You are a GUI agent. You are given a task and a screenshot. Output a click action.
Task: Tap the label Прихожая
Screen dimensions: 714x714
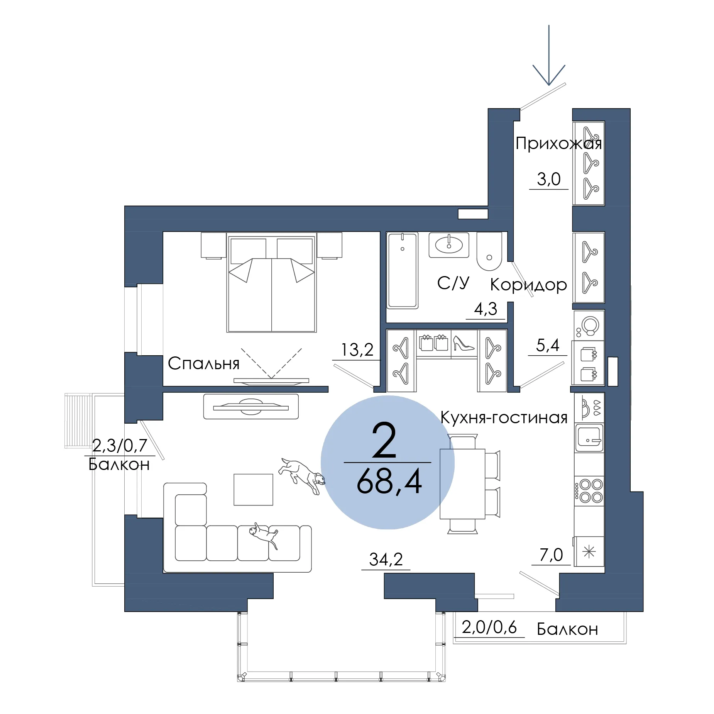click(x=558, y=143)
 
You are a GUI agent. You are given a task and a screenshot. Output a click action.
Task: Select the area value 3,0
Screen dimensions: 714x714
click(x=549, y=179)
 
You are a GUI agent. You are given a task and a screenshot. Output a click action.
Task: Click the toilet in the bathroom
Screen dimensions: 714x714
click(x=489, y=251)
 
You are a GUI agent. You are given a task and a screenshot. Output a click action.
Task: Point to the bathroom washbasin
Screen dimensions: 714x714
click(x=449, y=245)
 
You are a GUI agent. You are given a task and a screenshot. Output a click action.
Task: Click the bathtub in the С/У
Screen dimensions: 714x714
click(x=403, y=270)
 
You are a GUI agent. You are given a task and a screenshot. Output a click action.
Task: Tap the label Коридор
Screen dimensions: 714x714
click(x=528, y=285)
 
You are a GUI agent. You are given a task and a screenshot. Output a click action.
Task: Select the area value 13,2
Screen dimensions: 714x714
click(x=357, y=350)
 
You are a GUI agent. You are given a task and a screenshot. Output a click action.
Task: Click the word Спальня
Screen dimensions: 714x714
click(x=203, y=363)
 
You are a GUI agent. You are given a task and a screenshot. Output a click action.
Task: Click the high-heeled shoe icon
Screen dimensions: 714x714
click(x=463, y=343)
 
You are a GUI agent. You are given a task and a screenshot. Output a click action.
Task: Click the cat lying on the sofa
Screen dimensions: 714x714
click(x=263, y=535)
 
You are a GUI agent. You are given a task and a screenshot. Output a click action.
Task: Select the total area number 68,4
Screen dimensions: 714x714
click(x=389, y=482)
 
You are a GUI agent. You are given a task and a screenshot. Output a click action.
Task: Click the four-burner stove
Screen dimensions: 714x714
click(x=589, y=491)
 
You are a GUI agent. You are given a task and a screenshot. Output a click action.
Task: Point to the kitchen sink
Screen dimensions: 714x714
click(x=589, y=438)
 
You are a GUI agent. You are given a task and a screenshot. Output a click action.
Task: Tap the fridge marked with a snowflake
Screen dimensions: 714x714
click(x=589, y=551)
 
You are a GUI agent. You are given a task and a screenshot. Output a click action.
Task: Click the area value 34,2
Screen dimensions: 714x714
click(x=386, y=560)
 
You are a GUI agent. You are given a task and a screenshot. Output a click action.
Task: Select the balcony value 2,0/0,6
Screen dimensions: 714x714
click(x=489, y=628)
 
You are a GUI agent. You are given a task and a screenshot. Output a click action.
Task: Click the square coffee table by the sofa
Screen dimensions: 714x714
click(x=253, y=490)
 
